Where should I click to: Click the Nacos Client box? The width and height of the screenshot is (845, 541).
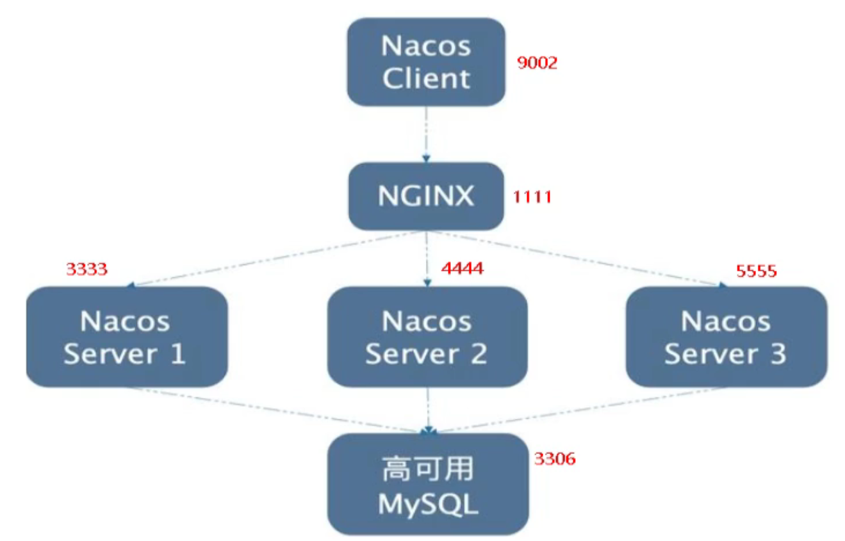pos(426,62)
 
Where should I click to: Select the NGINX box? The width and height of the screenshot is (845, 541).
pos(426,196)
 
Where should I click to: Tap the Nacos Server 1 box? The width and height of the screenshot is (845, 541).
pos(126,337)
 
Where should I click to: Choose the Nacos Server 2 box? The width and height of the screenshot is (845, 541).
pos(427,337)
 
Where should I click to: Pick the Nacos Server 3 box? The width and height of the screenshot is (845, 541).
pos(726,337)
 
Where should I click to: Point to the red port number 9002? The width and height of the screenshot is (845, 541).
pos(537,63)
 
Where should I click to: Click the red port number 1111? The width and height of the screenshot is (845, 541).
pos(532,197)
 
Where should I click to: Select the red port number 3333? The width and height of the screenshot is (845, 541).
pos(86,268)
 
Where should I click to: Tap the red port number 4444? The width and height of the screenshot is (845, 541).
pos(462,268)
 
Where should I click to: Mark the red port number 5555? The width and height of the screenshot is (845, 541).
pos(756,271)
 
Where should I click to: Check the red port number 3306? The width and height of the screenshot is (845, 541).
pos(555,458)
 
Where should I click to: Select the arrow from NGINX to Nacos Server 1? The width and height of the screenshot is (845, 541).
pos(275,259)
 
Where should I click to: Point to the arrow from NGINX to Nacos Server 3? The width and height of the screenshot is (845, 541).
pos(577,259)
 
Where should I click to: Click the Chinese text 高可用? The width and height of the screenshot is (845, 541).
pos(427,469)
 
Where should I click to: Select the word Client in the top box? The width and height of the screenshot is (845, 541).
pos(426,78)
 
